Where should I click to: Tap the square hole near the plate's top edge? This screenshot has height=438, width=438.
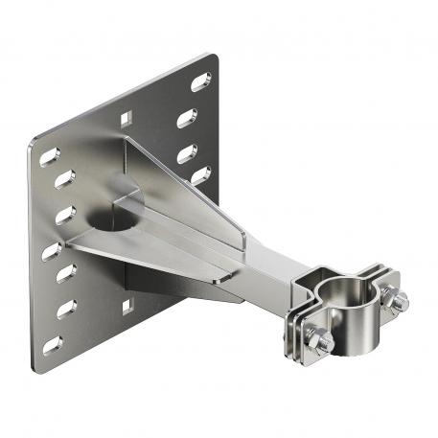coord(126,118)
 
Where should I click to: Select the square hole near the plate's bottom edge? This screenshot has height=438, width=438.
coord(125,307)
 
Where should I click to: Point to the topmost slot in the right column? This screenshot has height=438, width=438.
coord(199,81)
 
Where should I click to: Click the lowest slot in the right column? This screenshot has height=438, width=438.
coord(199,174)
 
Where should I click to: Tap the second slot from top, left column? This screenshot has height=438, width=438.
coord(62,179)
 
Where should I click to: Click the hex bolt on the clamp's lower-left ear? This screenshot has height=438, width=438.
coord(324,340)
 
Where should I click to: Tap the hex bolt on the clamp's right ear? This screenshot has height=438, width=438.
coord(397,300)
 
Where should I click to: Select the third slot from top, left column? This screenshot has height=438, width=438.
coord(63,214)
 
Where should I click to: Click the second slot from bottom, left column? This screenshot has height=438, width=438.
coord(66,309)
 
